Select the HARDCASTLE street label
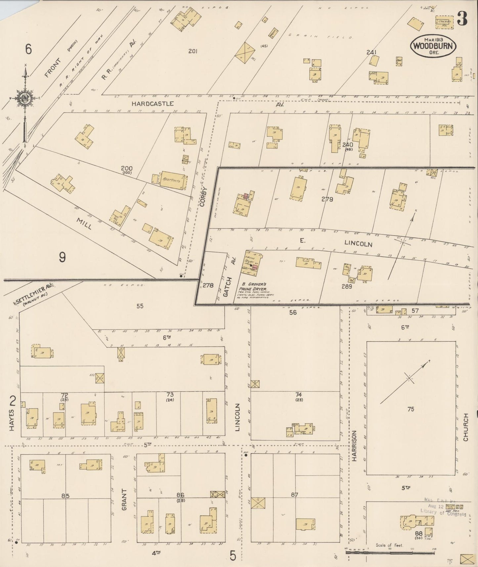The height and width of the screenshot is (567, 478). (152, 104)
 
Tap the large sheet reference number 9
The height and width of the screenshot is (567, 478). (62, 257)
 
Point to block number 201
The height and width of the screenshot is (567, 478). (193, 51)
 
